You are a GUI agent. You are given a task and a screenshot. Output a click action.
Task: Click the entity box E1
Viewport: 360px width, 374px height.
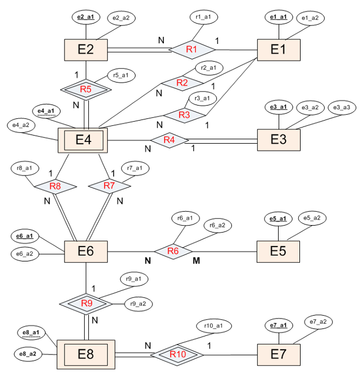[x=279, y=50]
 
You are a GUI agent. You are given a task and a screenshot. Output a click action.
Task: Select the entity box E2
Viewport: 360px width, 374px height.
[x=85, y=50]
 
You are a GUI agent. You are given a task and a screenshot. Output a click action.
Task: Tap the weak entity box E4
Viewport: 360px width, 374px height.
[x=83, y=140]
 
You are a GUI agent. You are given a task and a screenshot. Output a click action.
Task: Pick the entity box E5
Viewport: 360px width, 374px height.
[x=279, y=250]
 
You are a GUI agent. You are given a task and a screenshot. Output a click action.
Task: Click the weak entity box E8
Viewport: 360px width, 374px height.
[x=85, y=354]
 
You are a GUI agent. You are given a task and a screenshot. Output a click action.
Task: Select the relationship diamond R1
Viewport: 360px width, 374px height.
[x=192, y=50]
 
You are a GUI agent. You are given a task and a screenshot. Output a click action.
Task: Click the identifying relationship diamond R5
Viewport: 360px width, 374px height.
[x=86, y=89]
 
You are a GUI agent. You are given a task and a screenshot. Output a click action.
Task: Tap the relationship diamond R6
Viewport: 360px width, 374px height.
[x=173, y=251]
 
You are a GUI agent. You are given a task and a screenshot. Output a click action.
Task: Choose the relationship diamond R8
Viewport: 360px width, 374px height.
[x=55, y=186]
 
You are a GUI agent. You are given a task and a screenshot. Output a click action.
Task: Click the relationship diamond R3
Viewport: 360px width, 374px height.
[x=184, y=115]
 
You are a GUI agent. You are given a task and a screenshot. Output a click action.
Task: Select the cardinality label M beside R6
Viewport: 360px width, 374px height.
[x=196, y=261]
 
